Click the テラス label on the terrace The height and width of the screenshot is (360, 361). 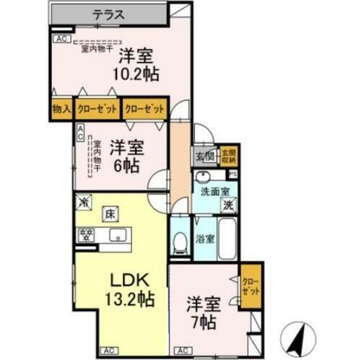point(110,14)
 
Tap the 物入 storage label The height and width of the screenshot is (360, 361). point(61,110)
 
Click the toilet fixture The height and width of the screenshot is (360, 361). point(178,241)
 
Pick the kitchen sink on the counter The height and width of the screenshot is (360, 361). point(117,235)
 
